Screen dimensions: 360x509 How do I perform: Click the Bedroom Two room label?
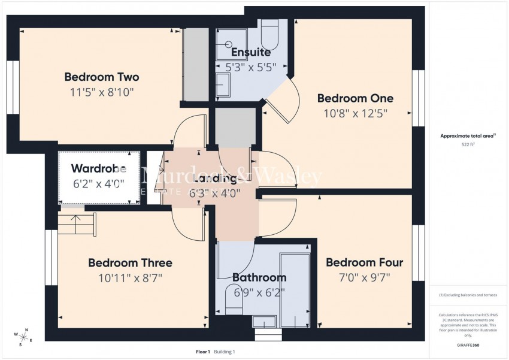[x=102, y=77]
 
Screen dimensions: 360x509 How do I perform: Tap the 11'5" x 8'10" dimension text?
[x=102, y=92]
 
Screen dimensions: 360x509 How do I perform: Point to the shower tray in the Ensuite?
[x=231, y=41]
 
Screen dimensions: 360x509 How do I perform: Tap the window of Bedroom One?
[x=418, y=98]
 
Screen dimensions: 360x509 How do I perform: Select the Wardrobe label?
[x=98, y=168]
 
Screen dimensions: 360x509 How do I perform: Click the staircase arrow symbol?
[x=77, y=225]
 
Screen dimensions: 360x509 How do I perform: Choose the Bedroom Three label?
[x=130, y=263]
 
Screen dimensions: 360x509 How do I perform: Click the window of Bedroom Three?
[x=51, y=258]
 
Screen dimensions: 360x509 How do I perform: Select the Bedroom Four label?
[x=364, y=262]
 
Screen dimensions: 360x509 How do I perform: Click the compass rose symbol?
[x=24, y=337]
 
